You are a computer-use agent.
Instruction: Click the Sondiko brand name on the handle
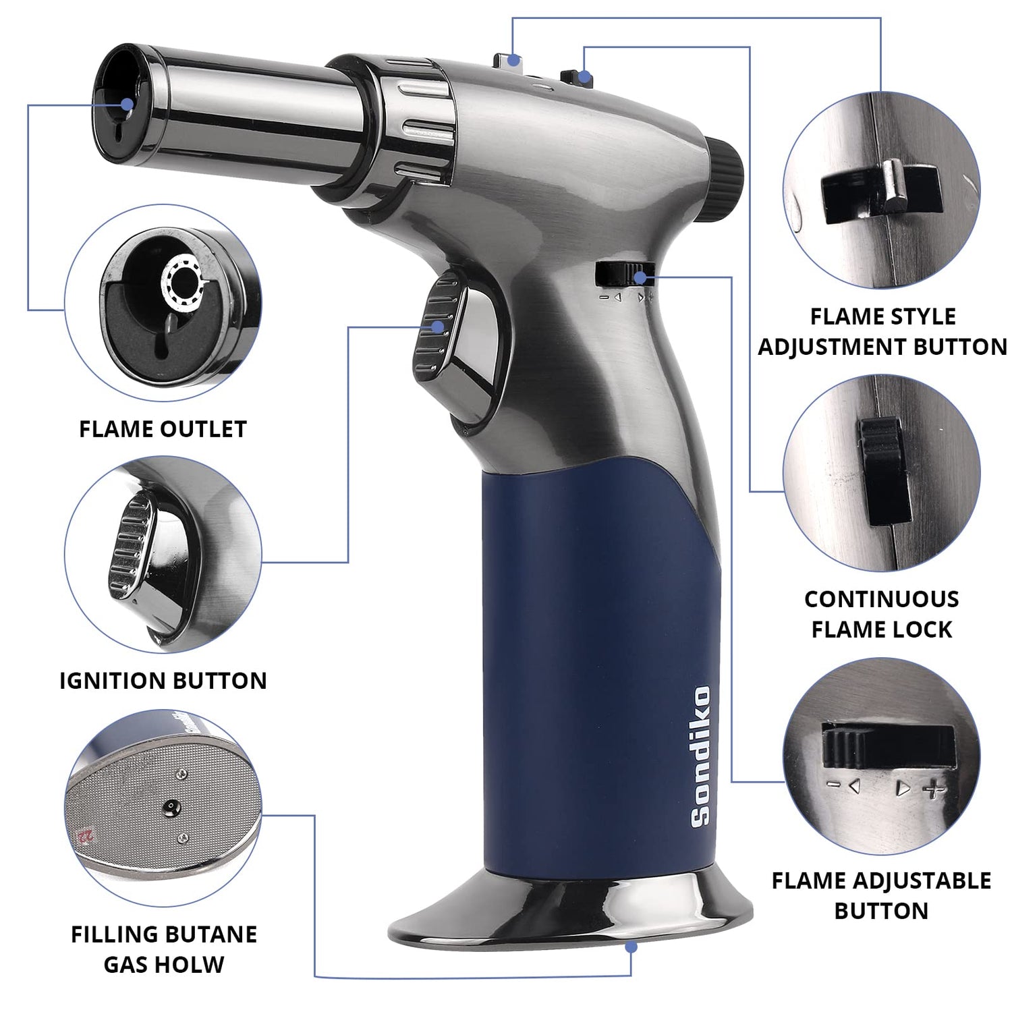click(701, 756)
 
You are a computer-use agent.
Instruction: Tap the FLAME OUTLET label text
click(163, 429)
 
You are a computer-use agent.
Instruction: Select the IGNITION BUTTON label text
click(163, 681)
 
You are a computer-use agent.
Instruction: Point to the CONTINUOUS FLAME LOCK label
click(881, 614)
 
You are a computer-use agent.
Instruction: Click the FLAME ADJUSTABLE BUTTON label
click(881, 895)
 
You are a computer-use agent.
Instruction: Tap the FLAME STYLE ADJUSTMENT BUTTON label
click(882, 331)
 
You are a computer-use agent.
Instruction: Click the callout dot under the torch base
click(631, 947)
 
